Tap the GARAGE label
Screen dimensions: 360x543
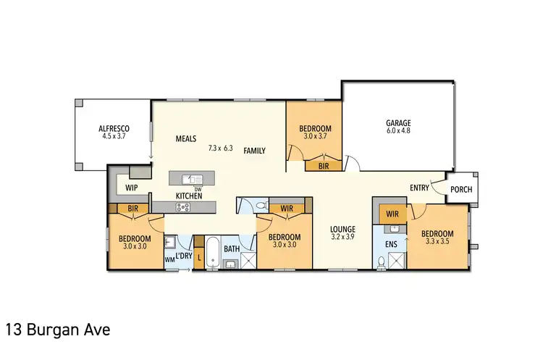pos(397,123)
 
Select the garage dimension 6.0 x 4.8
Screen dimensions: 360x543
pos(397,132)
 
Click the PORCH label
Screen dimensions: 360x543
pos(460,190)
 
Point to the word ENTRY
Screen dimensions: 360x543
pos(419,188)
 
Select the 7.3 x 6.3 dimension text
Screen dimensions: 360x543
pos(220,148)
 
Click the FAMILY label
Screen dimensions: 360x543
pos(254,151)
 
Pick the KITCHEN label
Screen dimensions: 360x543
pos(188,196)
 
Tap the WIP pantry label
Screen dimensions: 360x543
pos(132,187)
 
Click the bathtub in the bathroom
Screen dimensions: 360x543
pos(211,254)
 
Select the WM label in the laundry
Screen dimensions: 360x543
pos(169,258)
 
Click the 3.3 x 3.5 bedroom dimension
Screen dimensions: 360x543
pos(438,243)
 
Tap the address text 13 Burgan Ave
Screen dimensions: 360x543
pos(58,330)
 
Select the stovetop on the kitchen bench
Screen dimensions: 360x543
pos(183,207)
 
